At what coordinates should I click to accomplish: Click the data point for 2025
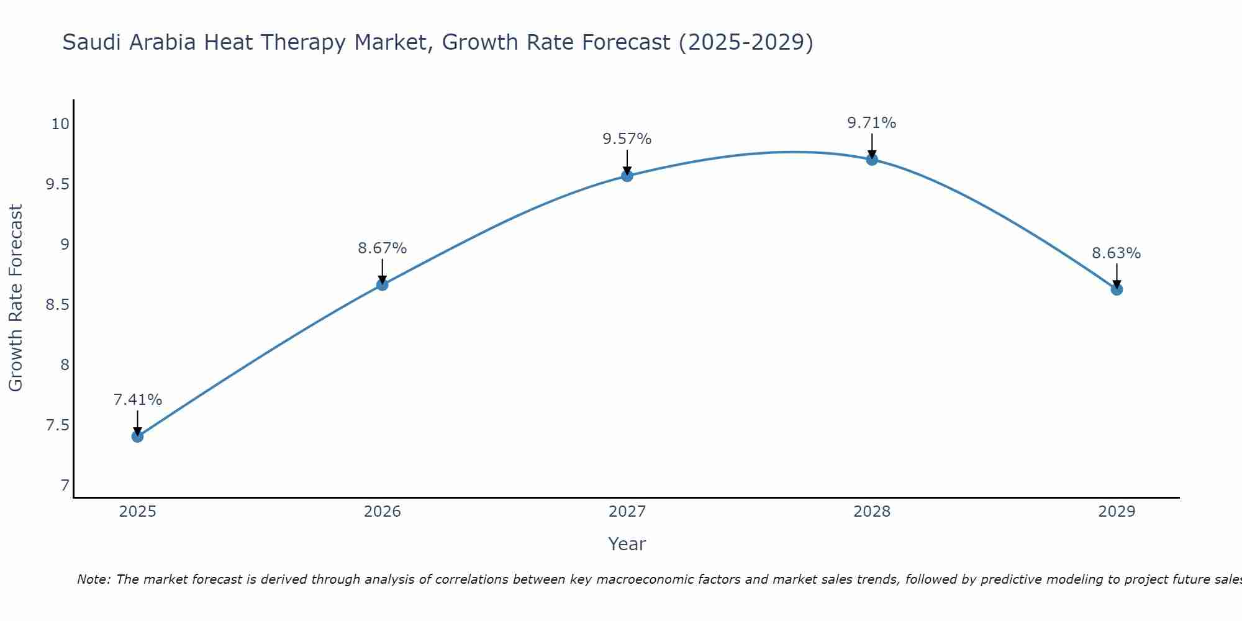coord(137,437)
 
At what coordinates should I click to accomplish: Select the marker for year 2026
coord(382,285)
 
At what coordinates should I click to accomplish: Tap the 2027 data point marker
coord(627,176)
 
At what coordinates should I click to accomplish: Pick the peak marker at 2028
coord(871,160)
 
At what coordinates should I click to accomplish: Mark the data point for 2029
coord(1116,289)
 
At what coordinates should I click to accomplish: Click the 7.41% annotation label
coord(137,400)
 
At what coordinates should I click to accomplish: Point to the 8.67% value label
coord(382,248)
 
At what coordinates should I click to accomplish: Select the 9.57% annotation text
coord(627,139)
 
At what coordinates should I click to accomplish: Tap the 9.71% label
coord(871,123)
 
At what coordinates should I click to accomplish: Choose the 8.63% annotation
coord(1116,253)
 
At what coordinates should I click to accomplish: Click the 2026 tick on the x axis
coord(382,512)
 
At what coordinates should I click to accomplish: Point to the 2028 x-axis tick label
coord(871,512)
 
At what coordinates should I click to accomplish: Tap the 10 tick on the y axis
coord(60,124)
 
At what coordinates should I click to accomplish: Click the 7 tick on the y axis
coord(65,486)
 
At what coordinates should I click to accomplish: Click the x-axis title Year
coord(627,544)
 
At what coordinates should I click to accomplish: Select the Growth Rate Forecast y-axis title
coord(16,298)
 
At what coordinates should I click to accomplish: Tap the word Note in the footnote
coord(93,579)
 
